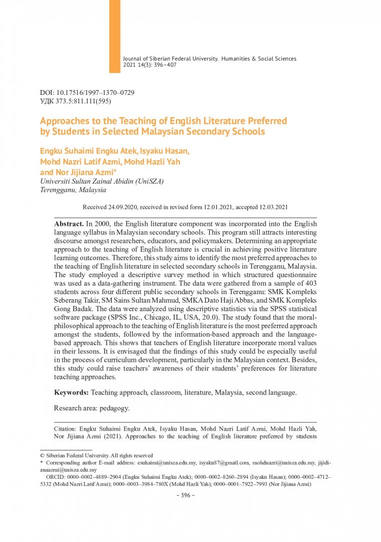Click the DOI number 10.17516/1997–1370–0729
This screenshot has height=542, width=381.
point(96,93)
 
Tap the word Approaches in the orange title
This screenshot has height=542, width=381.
point(63,121)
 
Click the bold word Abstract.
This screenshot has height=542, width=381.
point(69,222)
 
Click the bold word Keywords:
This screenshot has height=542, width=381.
point(72,392)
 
